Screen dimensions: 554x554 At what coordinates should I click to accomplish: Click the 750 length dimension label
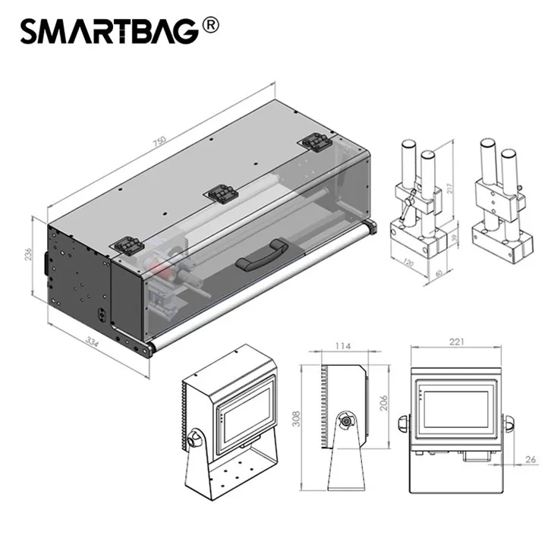tap(159, 141)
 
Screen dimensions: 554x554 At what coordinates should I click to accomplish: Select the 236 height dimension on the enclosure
tap(28, 254)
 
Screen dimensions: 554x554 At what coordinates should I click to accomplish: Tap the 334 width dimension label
tap(93, 342)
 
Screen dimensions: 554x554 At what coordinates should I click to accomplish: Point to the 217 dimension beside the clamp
tap(449, 187)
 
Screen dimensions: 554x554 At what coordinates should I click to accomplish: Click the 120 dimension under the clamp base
tap(408, 263)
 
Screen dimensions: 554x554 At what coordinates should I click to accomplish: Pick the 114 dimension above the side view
tap(343, 346)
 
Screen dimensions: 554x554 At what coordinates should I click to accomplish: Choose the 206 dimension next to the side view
tap(383, 403)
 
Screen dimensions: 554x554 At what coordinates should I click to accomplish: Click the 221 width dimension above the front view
tap(457, 342)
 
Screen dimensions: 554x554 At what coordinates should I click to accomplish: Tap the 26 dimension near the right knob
tap(530, 459)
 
